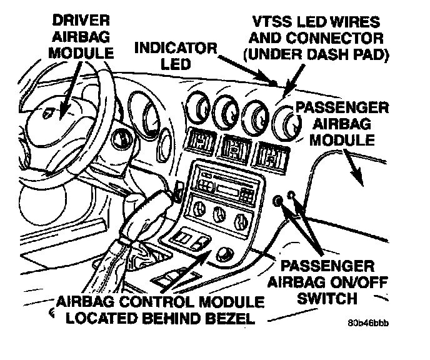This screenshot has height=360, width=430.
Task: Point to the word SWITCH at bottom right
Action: (331, 299)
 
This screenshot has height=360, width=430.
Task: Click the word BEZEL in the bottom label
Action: (226, 319)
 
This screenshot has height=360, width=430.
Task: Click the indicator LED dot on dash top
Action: (274, 83)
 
